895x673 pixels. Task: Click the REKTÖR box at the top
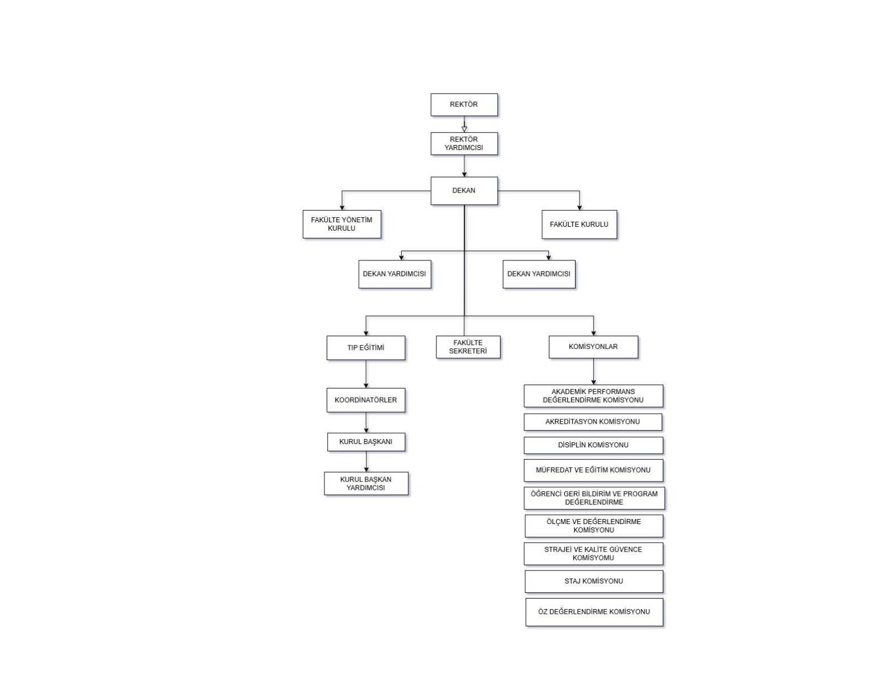464,105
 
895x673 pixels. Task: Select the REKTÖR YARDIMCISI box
464,144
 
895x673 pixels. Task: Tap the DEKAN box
464,190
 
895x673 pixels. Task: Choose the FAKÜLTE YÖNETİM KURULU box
342,224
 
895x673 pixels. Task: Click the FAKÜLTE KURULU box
579,225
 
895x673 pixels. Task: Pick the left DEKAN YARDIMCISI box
395,274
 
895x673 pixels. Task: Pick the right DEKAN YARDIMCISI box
539,274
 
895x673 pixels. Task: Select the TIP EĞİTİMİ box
366,348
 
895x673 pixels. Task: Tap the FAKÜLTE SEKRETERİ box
468,347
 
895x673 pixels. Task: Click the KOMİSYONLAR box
593,347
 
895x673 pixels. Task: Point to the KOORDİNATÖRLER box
366,400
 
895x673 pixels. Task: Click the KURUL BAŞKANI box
366,442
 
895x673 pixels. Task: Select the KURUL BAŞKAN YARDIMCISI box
366,484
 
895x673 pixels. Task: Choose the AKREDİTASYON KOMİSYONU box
593,422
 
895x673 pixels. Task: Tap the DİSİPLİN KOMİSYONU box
593,445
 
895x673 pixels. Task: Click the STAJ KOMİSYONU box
593,581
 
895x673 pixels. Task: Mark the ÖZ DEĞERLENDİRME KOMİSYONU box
594,612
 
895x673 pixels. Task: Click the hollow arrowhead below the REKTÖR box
464,129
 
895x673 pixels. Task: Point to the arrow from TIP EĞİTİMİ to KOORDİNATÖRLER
366,374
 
